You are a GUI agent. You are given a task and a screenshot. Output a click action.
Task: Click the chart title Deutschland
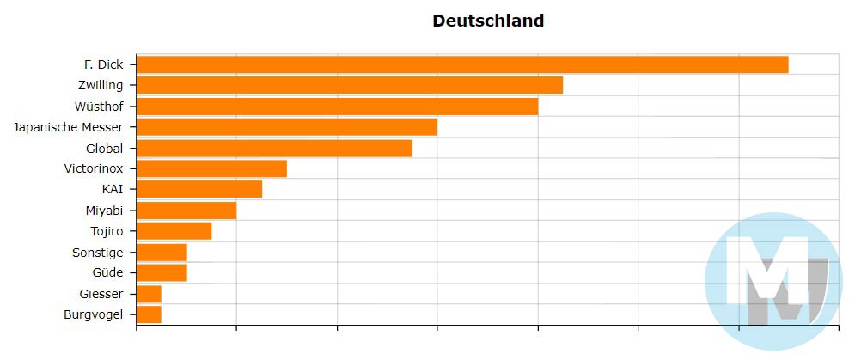coord(487,21)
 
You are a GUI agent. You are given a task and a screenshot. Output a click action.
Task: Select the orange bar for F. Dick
coord(462,64)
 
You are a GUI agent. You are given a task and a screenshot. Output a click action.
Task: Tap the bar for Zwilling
coord(350,85)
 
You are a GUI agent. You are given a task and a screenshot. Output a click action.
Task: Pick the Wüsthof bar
coord(337,106)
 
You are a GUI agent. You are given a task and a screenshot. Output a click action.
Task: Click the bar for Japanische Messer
coord(287,127)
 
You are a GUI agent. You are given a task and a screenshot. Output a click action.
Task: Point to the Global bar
coord(274,148)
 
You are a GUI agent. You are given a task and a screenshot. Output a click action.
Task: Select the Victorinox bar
coord(211,168)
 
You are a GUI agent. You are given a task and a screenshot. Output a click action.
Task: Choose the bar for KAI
coord(199,189)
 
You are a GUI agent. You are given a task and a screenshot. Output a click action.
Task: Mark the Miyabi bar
coord(186,211)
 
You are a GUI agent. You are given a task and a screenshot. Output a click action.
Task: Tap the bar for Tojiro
coord(174,231)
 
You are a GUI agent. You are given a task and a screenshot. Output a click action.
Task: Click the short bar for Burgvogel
coord(150,314)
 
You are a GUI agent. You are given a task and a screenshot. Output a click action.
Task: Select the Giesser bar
coord(150,294)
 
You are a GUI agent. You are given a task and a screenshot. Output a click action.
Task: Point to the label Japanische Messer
coord(69,127)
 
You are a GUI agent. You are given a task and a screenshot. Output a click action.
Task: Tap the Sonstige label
coord(98,253)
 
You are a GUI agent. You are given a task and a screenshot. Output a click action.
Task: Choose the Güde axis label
coord(107,273)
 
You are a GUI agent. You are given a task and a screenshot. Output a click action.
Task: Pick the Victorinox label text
coord(94,168)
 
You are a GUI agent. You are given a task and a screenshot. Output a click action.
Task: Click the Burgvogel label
coord(94,314)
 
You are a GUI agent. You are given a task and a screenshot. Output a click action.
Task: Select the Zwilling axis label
coord(100,85)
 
